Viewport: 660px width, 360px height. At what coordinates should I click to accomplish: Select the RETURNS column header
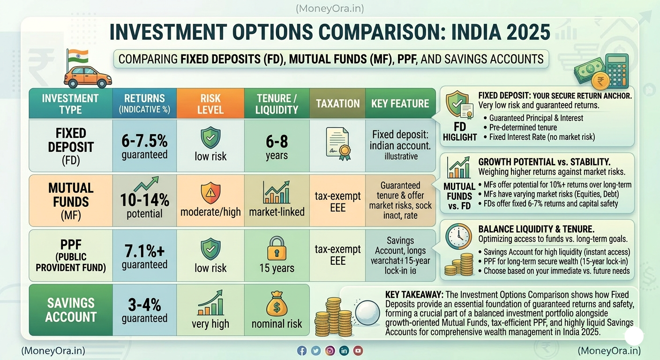[x=144, y=104]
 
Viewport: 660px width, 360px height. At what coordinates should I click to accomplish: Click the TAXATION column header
[x=337, y=104]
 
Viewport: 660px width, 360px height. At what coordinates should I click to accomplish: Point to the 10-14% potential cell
[x=144, y=201]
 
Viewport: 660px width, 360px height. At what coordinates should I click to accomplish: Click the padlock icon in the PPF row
[x=277, y=248]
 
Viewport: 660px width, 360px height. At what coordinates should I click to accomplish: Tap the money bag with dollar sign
[x=277, y=303]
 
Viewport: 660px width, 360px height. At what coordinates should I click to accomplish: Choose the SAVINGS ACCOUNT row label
[x=70, y=309]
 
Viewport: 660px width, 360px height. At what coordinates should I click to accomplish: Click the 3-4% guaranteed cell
[x=144, y=309]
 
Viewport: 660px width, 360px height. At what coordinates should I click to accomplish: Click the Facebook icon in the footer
[x=302, y=351]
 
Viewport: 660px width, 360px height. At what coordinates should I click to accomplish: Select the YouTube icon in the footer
[x=358, y=351]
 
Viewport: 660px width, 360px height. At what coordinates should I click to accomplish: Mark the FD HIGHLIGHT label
[x=459, y=132]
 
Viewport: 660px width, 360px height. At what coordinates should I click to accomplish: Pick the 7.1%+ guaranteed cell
[x=144, y=256]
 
